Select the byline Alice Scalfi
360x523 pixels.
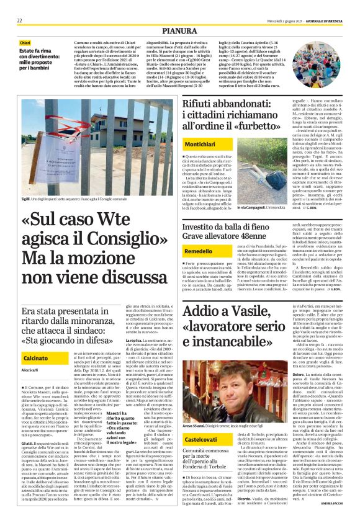coord(30,370)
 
